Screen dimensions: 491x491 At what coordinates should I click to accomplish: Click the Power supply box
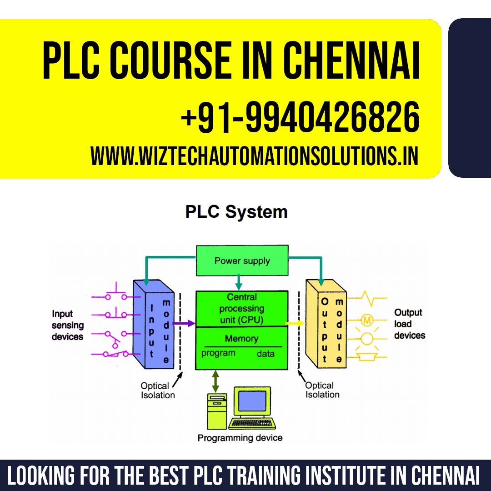pyautogui.click(x=242, y=261)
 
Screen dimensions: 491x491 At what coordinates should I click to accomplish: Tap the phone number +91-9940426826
pyautogui.click(x=300, y=117)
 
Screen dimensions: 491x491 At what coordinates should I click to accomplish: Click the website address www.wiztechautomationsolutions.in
pyautogui.click(x=254, y=156)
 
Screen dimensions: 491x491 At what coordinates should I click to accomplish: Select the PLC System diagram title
pyautogui.click(x=236, y=212)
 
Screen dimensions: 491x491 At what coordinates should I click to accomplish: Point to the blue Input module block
pyautogui.click(x=154, y=325)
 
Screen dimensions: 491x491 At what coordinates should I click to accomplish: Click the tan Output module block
pyautogui.click(x=326, y=325)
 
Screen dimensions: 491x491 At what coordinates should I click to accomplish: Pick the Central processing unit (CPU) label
pyautogui.click(x=241, y=308)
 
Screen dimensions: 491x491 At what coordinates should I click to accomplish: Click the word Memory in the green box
pyautogui.click(x=241, y=339)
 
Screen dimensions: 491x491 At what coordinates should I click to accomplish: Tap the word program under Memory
pyautogui.click(x=218, y=353)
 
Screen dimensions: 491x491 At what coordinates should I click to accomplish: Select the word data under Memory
pyautogui.click(x=266, y=354)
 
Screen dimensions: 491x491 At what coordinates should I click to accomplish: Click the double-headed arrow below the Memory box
pyautogui.click(x=215, y=381)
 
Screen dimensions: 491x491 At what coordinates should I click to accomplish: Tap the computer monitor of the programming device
pyautogui.click(x=252, y=402)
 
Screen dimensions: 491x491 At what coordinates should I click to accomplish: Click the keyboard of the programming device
pyautogui.click(x=252, y=424)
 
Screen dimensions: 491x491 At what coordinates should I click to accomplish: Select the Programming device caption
pyautogui.click(x=240, y=438)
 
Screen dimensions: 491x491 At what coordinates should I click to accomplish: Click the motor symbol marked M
pyautogui.click(x=367, y=320)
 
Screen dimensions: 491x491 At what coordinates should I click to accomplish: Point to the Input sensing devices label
pyautogui.click(x=67, y=325)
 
